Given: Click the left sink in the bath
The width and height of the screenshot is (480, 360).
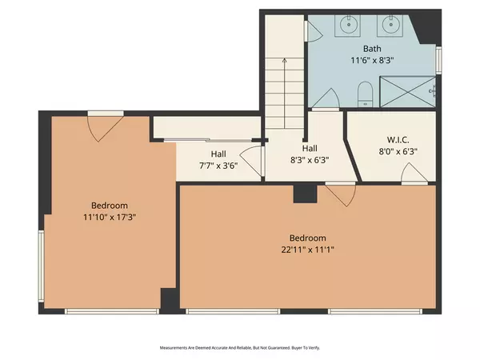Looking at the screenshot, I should coord(350,25).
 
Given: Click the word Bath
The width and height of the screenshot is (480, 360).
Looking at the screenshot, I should coord(372,48).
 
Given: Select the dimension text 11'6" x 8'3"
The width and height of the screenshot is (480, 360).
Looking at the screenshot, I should coord(372,59).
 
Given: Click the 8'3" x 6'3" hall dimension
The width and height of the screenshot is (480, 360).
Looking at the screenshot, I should coord(310,159).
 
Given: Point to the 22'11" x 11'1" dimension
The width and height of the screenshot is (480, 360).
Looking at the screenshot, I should coord(307,250).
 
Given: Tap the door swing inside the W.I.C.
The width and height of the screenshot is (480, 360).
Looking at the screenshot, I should coord(414,173).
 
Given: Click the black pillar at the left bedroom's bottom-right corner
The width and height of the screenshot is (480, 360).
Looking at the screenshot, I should coord(169,299).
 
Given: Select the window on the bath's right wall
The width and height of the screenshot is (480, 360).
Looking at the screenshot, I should coord(438,60).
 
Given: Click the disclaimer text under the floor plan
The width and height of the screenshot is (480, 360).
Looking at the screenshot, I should coord(239,348).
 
